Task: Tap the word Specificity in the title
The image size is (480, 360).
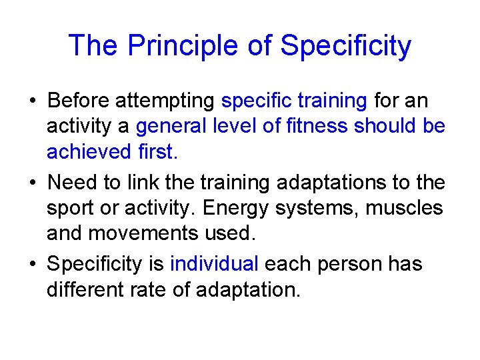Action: tap(345, 46)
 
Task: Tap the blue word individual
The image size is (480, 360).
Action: tap(214, 263)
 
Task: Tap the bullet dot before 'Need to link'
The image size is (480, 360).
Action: tap(32, 183)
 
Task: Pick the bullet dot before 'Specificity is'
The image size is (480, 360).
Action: tap(32, 265)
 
